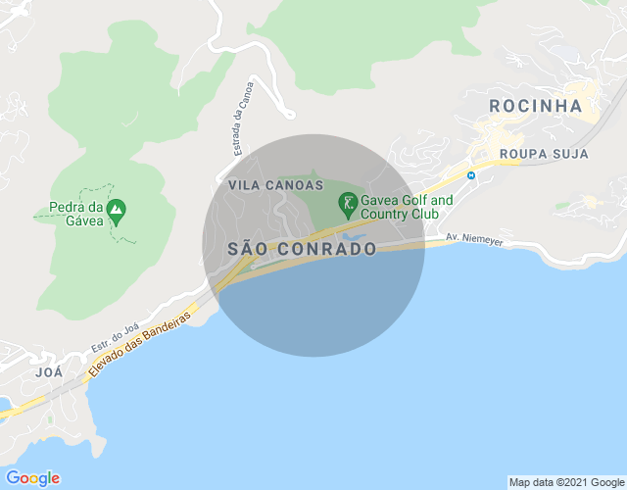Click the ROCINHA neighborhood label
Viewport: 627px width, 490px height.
click(535, 106)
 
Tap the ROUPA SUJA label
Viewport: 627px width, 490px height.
click(544, 154)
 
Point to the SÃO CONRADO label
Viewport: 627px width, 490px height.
click(302, 249)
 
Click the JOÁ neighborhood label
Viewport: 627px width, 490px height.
click(48, 372)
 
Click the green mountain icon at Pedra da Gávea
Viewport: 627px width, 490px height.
click(117, 209)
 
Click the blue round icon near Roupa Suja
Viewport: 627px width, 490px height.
click(471, 175)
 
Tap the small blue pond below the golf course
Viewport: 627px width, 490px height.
click(353, 236)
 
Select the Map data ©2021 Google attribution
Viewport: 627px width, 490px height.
click(566, 482)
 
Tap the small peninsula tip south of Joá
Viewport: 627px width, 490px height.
click(49, 420)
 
